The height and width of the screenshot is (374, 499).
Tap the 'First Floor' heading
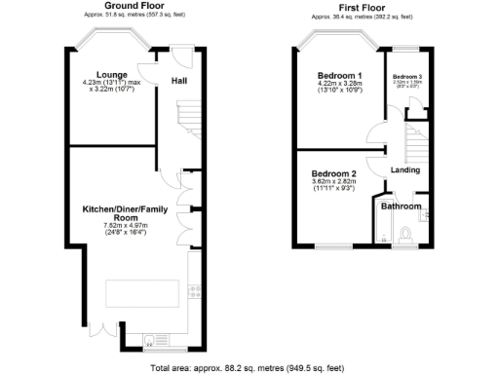[362, 5]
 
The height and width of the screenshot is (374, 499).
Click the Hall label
[180, 81]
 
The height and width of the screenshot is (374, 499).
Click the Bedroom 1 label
[340, 75]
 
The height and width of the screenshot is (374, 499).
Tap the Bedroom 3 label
[406, 76]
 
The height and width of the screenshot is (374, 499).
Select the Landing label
[404, 171]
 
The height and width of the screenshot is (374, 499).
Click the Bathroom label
[401, 206]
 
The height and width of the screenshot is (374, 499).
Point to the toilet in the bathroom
[407, 235]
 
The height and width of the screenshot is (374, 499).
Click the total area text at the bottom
[249, 367]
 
